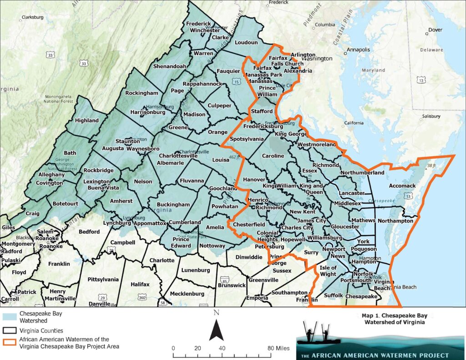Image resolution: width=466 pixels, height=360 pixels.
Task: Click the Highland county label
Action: click(86, 121)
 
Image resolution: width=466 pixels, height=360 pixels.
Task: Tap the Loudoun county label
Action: click(246, 42)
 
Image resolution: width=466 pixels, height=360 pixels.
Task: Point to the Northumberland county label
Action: click(362, 173)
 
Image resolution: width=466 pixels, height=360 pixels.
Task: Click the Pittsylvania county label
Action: click(103, 279)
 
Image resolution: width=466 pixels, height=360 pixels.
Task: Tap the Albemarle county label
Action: click(170, 162)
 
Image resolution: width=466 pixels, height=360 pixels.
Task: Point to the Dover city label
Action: click(436, 30)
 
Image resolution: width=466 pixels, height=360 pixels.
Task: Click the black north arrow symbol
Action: click(216, 327)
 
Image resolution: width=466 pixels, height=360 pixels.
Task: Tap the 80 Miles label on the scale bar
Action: click(276, 348)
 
